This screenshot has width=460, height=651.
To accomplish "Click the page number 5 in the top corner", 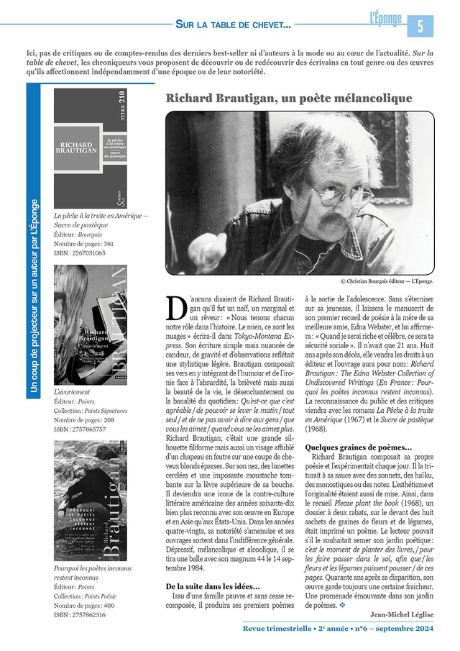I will (420, 26).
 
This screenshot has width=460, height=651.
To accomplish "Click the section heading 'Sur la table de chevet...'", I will (233, 25).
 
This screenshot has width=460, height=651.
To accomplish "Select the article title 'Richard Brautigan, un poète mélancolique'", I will (289, 99).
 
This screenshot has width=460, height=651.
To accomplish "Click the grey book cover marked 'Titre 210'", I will (91, 148).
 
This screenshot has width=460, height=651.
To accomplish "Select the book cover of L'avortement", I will (91, 324).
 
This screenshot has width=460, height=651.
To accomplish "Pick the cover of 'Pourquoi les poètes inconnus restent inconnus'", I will (91, 500).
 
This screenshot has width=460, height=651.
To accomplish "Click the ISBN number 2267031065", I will (80, 253).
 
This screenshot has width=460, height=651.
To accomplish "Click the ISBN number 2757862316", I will (80, 614).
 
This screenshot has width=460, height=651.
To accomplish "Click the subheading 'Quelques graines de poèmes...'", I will (359, 447).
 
